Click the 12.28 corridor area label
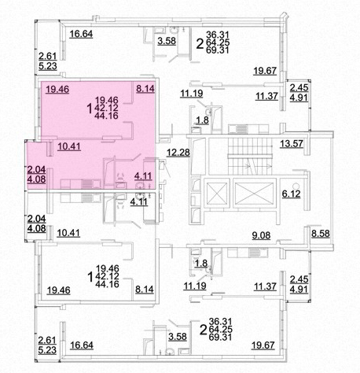[x=178, y=153]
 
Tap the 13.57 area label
[x=292, y=144]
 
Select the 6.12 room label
[x=291, y=194]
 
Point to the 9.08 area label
[x=261, y=235]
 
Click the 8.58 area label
[x=320, y=234]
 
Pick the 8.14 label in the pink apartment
[x=145, y=89]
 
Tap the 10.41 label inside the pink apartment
[x=69, y=146]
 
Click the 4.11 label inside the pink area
[x=143, y=175]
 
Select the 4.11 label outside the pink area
[x=139, y=201]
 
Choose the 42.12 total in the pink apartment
[x=107, y=108]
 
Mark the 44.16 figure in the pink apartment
[x=107, y=116]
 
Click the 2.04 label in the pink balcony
[x=36, y=169]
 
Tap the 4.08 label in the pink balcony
[x=36, y=179]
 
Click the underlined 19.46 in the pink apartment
[x=57, y=89]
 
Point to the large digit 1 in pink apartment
[x=90, y=109]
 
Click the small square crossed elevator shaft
[x=217, y=193]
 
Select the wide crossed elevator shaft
[x=254, y=193]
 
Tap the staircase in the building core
[x=250, y=157]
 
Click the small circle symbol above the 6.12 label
[x=296, y=186]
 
